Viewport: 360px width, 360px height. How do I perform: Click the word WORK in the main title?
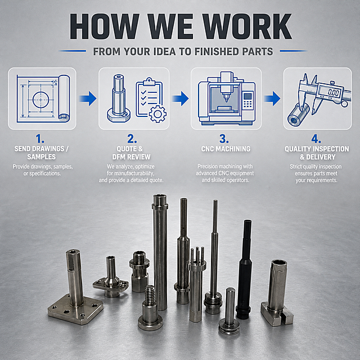247,26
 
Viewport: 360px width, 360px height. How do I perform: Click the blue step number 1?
40,139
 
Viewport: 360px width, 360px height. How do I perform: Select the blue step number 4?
316,139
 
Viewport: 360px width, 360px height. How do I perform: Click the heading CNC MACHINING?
226,148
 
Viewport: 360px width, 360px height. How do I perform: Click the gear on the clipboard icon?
157,114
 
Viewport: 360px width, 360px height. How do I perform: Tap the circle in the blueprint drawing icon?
40,100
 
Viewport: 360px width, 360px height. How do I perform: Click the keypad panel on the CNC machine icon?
247,100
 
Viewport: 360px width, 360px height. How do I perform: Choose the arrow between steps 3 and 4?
272,98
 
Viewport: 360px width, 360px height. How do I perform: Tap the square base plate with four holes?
75,309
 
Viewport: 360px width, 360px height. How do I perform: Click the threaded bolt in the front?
150,308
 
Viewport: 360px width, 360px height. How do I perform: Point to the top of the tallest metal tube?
160,196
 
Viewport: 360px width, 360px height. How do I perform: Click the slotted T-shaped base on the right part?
277,314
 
